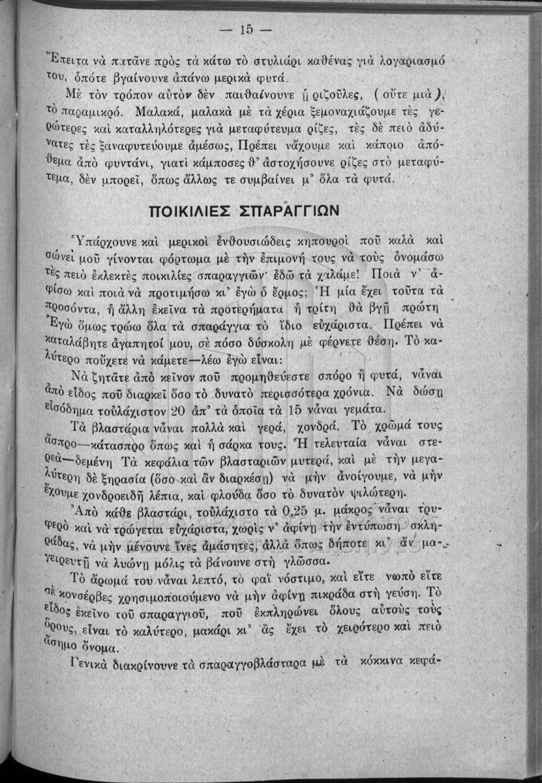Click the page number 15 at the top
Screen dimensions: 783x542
click(x=247, y=29)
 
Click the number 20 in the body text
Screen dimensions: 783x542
click(x=178, y=410)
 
